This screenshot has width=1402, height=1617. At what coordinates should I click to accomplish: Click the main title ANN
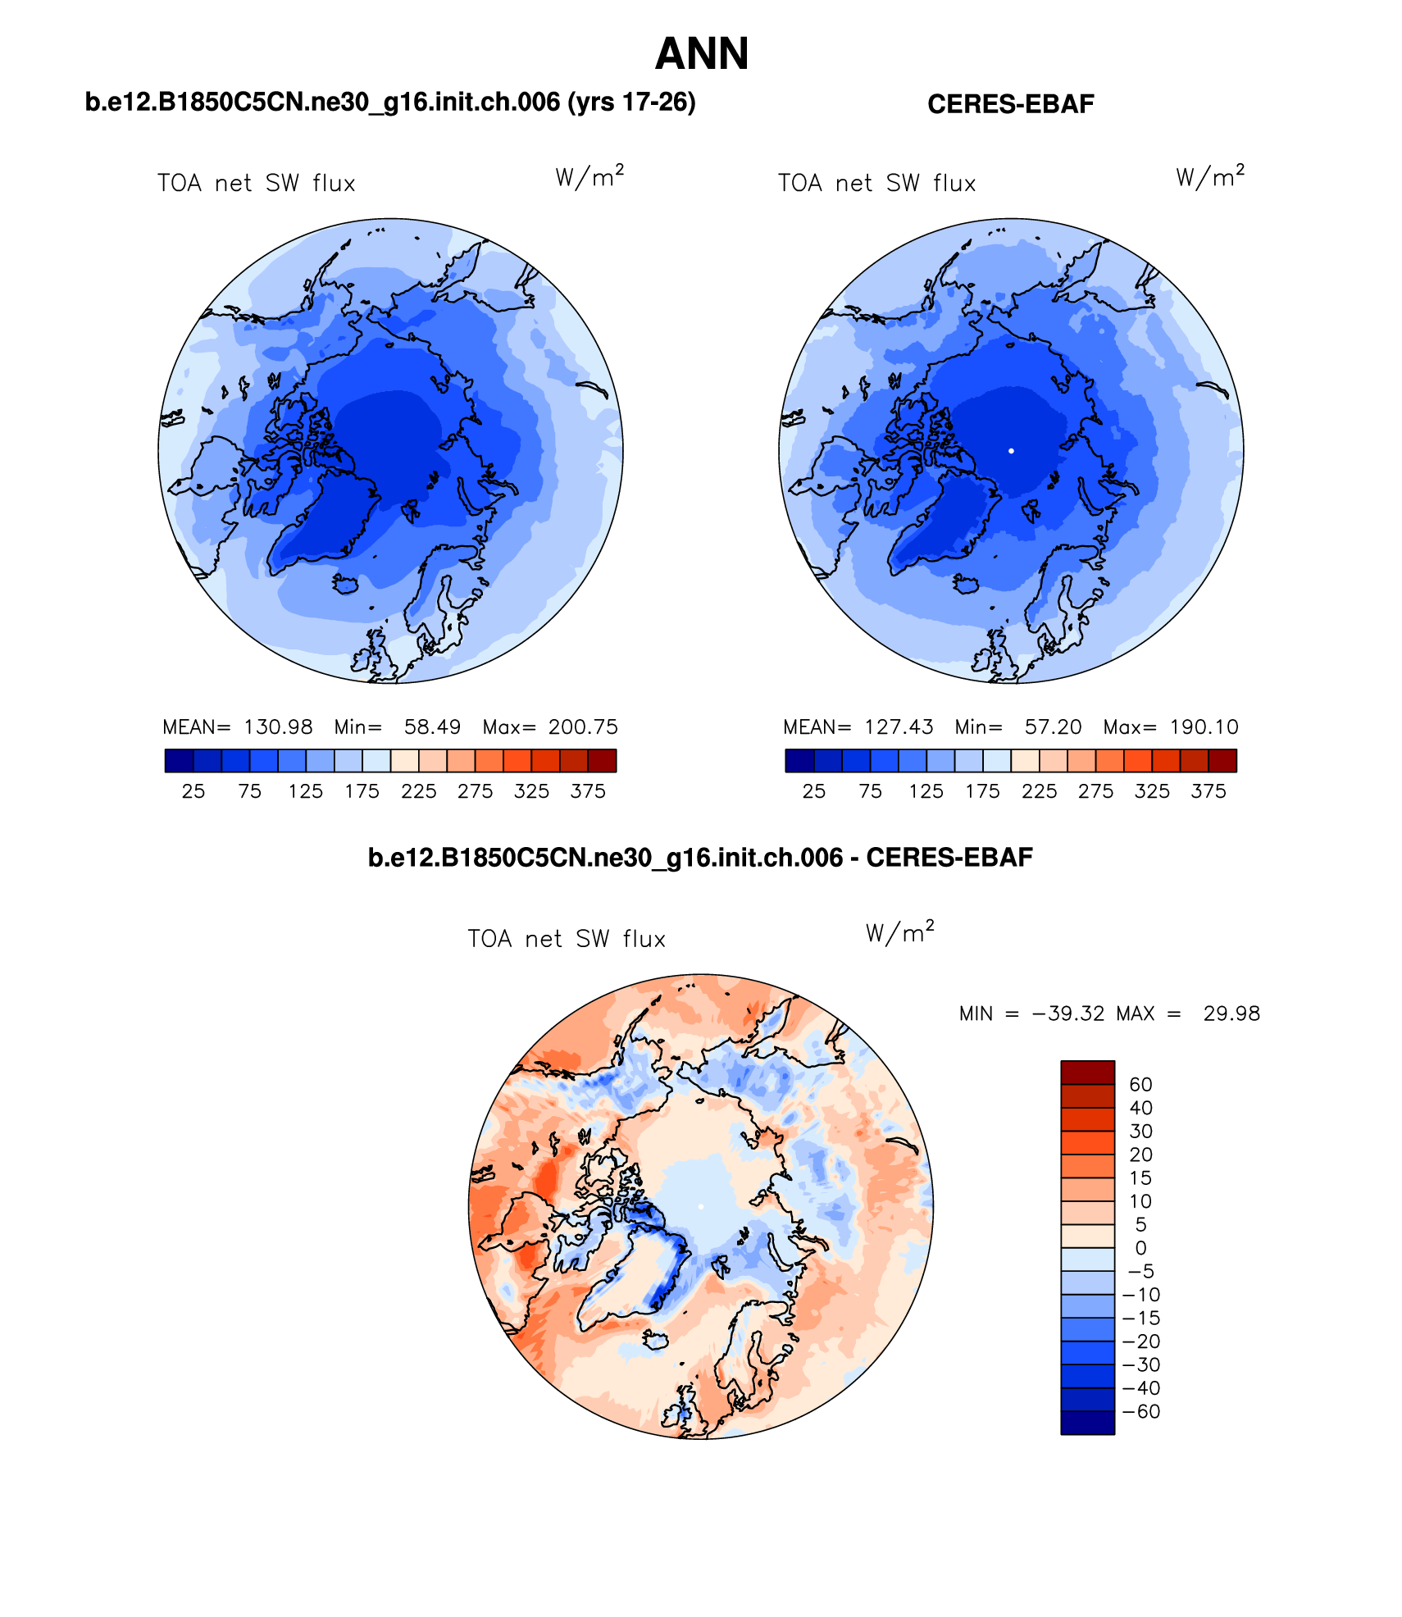tap(702, 54)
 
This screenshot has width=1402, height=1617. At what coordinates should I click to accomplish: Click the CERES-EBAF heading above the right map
tap(1010, 104)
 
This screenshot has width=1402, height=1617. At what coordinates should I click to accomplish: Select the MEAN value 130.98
tap(278, 727)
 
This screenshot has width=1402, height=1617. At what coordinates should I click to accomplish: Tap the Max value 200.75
tap(583, 727)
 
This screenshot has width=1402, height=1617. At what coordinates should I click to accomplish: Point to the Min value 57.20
tap(1053, 727)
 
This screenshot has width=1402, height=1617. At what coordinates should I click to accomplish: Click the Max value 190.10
tap(1204, 727)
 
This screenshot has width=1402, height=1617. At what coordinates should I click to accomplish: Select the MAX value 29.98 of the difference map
tap(1231, 1013)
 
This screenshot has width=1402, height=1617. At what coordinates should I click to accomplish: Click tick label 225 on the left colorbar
tap(418, 791)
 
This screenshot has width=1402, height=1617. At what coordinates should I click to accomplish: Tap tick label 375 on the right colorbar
tap(1209, 791)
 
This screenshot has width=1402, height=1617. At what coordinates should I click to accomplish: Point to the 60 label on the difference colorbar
tap(1140, 1085)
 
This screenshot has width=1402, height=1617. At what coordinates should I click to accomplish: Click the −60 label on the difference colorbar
tap(1141, 1411)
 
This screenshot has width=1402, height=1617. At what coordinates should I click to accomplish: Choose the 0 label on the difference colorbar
tap(1140, 1248)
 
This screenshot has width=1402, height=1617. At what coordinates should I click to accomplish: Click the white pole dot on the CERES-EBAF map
tap(1011, 451)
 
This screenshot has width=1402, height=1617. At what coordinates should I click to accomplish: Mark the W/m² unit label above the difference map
tap(899, 932)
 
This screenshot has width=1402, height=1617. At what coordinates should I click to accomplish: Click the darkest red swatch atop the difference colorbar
tap(1087, 1073)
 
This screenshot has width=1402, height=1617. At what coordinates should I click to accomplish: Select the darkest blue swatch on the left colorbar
tap(179, 761)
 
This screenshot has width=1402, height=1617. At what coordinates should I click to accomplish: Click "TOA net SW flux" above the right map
tap(876, 183)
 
